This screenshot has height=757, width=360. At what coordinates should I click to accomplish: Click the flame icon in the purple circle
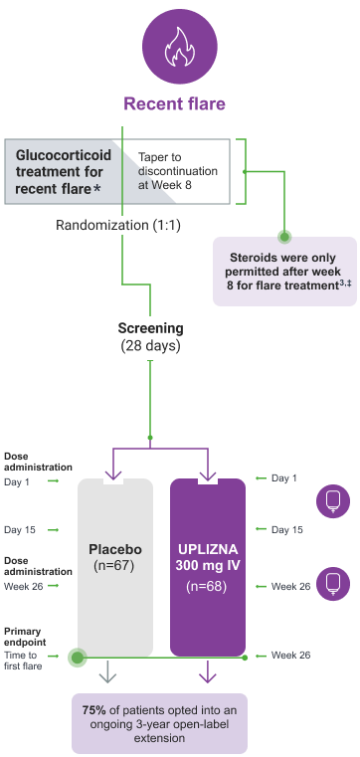[x=180, y=47]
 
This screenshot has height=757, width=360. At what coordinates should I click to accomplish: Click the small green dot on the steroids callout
[x=284, y=237]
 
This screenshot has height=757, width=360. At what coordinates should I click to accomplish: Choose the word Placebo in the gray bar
[x=115, y=549]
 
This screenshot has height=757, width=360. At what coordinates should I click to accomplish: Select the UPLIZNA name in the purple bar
[x=207, y=549]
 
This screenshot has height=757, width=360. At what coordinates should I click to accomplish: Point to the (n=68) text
[x=207, y=587]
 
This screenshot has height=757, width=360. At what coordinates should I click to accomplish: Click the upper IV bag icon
[x=332, y=501]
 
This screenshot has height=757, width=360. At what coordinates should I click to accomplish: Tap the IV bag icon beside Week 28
[x=332, y=583]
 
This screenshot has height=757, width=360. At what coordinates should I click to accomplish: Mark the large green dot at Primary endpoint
[x=77, y=658]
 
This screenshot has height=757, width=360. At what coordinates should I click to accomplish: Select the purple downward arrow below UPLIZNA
[x=208, y=675]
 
